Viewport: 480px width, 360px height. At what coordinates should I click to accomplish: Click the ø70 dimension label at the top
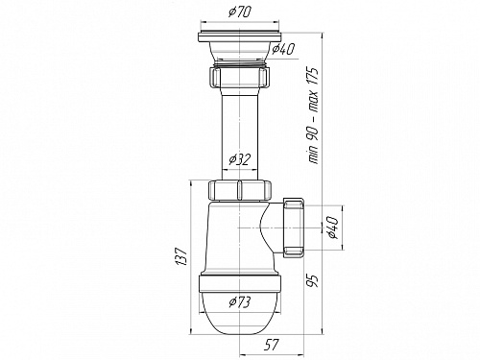(x=240, y=12)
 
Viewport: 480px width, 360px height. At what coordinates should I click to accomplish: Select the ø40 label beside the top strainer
(x=283, y=49)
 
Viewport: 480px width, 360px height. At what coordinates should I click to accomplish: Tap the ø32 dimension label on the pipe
(x=240, y=159)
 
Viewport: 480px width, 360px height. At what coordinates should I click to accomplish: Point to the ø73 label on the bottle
(x=240, y=302)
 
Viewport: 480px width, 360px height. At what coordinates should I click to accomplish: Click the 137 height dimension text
(x=181, y=256)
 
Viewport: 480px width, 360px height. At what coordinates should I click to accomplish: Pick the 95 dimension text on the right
(x=315, y=280)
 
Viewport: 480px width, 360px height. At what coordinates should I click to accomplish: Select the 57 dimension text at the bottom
(x=272, y=345)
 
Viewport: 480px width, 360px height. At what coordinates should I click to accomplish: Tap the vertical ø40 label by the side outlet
(x=332, y=228)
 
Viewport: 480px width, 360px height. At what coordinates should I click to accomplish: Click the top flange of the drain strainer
(x=240, y=36)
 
